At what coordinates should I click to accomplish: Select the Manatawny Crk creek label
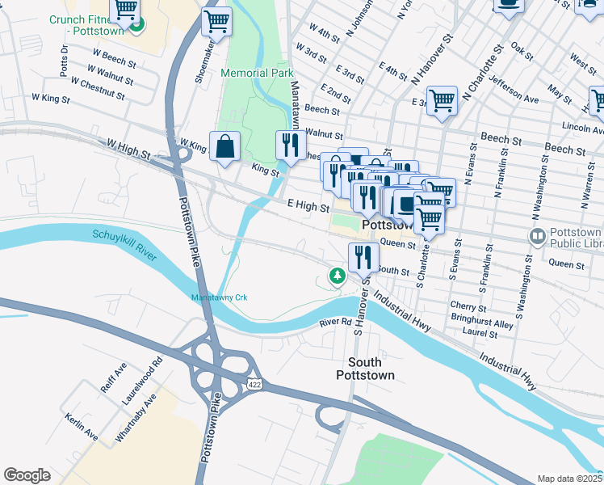pos(218,297)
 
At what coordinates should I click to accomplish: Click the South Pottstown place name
pos(371,369)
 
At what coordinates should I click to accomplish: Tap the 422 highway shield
pos(254,382)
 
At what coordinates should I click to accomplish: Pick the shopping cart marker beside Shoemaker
pos(216,22)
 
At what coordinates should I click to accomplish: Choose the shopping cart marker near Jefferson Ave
pos(442,102)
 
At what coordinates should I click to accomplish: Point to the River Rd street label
pos(334,323)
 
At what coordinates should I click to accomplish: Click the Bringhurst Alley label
pos(482,318)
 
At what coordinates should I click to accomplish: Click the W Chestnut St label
pos(98,89)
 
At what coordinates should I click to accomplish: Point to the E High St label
pos(304,206)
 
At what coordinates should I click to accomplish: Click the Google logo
pos(27,475)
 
